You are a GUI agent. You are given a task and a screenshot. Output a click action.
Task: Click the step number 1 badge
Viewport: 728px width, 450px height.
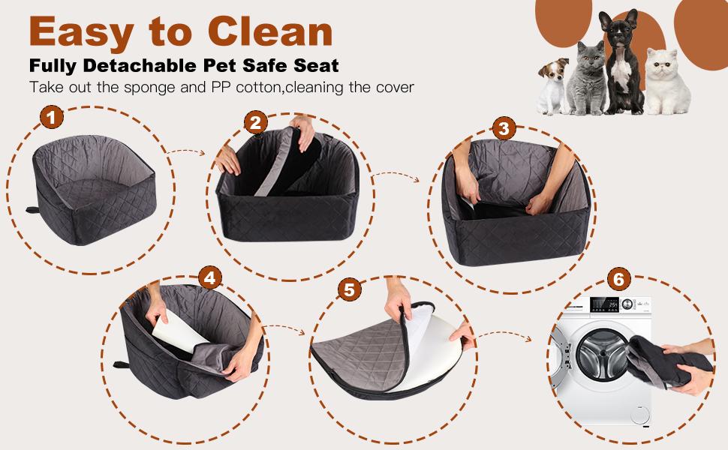tap(52, 117)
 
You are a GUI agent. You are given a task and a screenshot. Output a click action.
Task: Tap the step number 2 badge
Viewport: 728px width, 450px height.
tap(256, 123)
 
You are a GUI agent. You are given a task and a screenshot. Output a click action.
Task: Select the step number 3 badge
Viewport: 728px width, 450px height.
tap(504, 128)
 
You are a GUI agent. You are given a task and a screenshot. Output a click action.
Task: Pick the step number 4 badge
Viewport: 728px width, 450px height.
tap(210, 278)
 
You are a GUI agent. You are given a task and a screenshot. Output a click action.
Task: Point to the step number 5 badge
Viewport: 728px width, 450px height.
tap(350, 289)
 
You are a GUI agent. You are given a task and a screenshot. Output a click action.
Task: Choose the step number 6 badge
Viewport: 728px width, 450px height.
tap(619, 279)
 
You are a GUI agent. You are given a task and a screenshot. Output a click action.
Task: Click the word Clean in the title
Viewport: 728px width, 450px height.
tap(270, 31)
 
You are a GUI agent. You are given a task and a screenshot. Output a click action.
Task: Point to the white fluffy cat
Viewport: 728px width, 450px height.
tap(667, 81)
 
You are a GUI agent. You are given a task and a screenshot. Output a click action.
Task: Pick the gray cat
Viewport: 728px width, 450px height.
tap(586, 78)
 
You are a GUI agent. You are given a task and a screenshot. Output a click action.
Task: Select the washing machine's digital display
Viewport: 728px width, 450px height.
tap(604, 304)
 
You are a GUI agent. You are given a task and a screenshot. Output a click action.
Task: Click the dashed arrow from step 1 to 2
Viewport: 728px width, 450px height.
tap(185, 151)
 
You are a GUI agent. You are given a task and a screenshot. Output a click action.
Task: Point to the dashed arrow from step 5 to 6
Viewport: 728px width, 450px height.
tap(504, 335)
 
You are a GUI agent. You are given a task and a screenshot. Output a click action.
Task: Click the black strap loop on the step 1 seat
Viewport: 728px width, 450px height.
tap(32, 210)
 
